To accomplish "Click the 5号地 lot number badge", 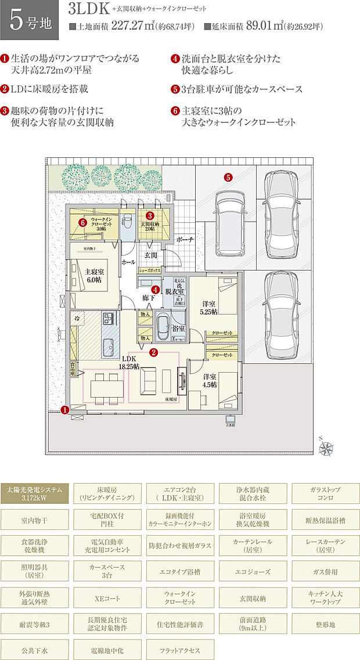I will coord(30,20).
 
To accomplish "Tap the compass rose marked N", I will coord(327,447).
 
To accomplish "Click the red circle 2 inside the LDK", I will coord(153,352).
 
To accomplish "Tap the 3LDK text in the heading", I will coord(85,10).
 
